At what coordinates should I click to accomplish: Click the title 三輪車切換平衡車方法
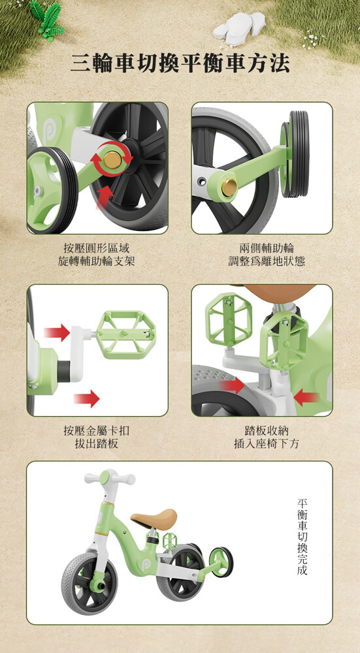click(180, 63)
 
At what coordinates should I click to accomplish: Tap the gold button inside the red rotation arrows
click(112, 160)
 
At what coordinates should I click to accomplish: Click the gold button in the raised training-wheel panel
click(229, 187)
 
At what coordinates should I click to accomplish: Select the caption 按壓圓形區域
click(97, 249)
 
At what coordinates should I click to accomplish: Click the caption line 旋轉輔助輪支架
click(97, 261)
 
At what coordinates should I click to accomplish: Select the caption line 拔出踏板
click(96, 443)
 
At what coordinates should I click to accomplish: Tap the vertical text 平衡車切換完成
click(303, 537)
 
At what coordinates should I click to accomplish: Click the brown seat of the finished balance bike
click(154, 518)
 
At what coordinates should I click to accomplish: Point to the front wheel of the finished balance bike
click(90, 583)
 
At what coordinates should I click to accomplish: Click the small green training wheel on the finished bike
click(221, 562)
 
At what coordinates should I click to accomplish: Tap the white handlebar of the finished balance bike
click(110, 478)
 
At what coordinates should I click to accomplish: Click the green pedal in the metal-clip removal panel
click(126, 334)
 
